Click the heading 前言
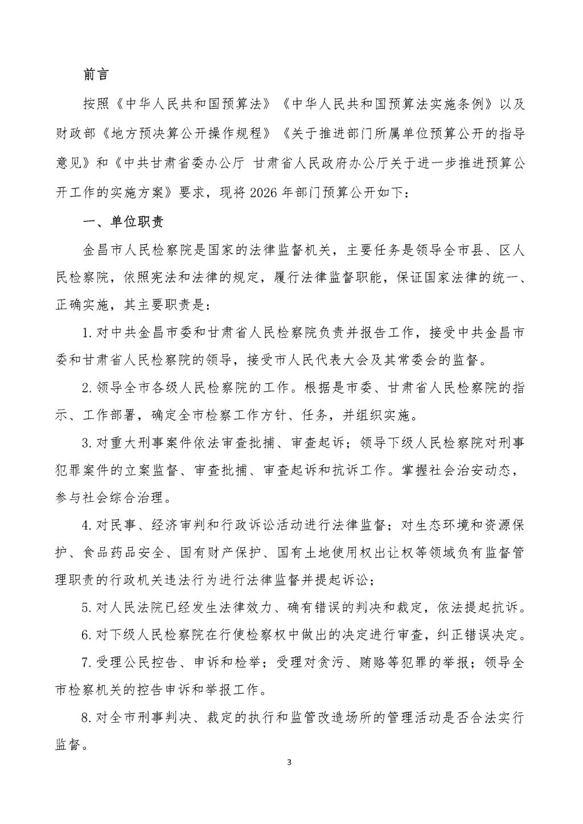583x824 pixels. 96,75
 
